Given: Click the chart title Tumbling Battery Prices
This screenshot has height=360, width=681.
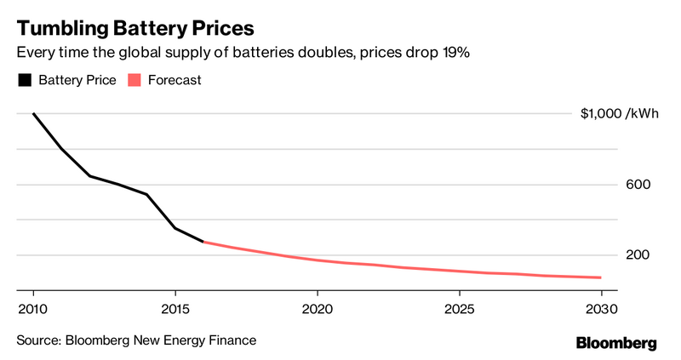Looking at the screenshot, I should pyautogui.click(x=134, y=26).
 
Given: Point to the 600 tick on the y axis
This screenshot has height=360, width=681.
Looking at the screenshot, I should pyautogui.click(x=590, y=185).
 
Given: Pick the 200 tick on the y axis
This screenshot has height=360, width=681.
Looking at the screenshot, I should pyautogui.click(x=590, y=255).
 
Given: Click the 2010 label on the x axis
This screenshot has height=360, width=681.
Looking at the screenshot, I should pyautogui.click(x=32, y=308).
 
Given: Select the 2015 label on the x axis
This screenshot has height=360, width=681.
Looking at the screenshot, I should pyautogui.click(x=175, y=308).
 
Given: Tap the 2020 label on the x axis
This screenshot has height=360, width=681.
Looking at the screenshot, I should pyautogui.click(x=317, y=308).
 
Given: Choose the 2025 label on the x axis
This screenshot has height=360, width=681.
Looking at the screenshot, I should pyautogui.click(x=459, y=308).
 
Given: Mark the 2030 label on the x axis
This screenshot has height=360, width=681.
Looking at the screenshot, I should pyautogui.click(x=601, y=308).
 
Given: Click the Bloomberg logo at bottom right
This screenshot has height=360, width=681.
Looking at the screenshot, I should pyautogui.click(x=616, y=343).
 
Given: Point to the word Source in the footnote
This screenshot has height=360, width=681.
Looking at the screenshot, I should pyautogui.click(x=37, y=340).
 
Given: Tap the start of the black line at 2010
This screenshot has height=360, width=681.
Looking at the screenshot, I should pyautogui.click(x=33, y=114).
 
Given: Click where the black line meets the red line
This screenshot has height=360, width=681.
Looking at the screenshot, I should pyautogui.click(x=203, y=242).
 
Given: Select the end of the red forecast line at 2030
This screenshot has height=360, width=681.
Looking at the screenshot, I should pyautogui.click(x=601, y=277).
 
